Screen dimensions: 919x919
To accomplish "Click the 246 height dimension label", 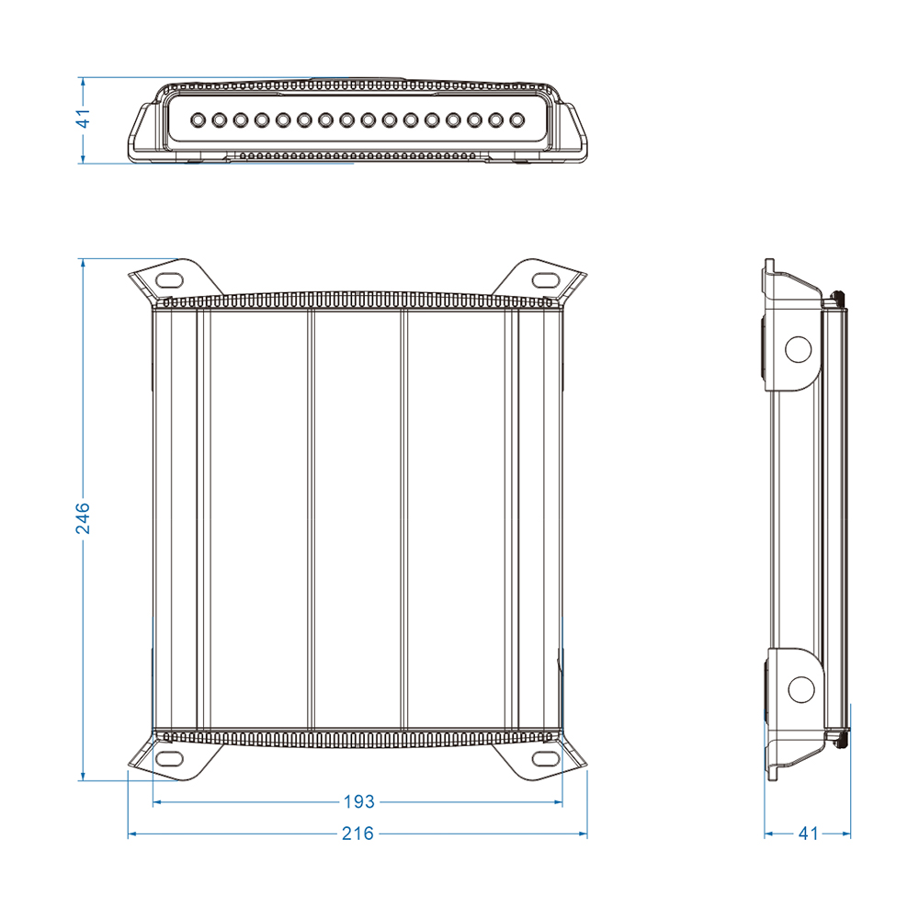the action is click(84, 518).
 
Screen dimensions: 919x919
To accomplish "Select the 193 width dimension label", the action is click(358, 801).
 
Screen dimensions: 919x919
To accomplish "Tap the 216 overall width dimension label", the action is click(357, 833).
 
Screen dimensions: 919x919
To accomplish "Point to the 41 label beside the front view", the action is click(84, 118).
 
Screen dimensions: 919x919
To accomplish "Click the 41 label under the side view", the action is click(808, 833).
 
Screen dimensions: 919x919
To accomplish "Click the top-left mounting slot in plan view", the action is click(170, 280).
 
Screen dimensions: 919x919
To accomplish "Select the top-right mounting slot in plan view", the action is click(545, 279).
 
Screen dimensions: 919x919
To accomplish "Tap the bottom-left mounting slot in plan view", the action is click(170, 758).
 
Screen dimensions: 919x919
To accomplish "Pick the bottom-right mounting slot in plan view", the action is click(545, 758).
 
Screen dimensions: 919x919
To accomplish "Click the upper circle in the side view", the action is click(798, 349).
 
